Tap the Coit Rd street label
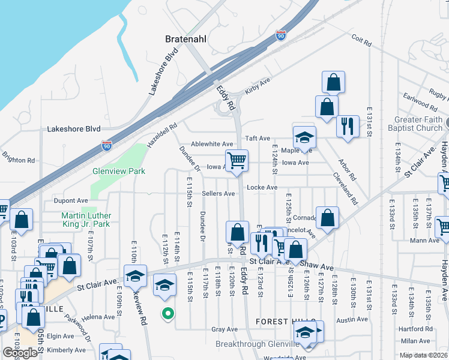[361, 40]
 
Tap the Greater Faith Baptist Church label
[419, 124]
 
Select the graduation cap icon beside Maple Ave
[304, 137]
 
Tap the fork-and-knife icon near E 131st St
[348, 126]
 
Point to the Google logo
[20, 353]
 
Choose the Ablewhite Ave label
[212, 144]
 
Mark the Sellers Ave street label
[218, 194]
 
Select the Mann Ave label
[425, 241]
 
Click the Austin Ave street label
[352, 320]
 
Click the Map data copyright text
[424, 355]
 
